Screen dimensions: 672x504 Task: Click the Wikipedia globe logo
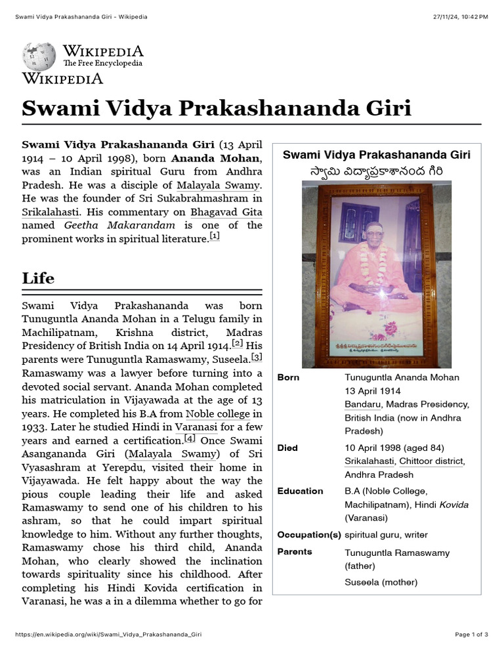pyautogui.click(x=39, y=56)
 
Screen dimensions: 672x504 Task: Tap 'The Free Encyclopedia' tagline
pyautogui.click(x=102, y=64)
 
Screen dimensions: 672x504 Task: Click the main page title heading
pyautogui.click(x=216, y=108)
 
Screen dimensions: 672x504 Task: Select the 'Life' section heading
pyautogui.click(x=38, y=278)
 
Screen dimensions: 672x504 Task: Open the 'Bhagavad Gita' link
pyautogui.click(x=226, y=212)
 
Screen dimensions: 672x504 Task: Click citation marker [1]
pyautogui.click(x=215, y=236)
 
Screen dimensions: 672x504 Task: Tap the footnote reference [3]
pyautogui.click(x=257, y=357)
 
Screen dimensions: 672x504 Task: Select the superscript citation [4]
pyautogui.click(x=190, y=438)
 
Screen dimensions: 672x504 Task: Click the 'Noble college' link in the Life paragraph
pyautogui.click(x=218, y=413)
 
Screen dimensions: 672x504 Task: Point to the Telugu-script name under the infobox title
pyautogui.click(x=376, y=171)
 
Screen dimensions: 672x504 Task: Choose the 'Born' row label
pyautogui.click(x=288, y=377)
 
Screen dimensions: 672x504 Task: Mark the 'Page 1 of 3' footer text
pyautogui.click(x=471, y=635)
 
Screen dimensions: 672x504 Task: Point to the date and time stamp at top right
pyautogui.click(x=461, y=16)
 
